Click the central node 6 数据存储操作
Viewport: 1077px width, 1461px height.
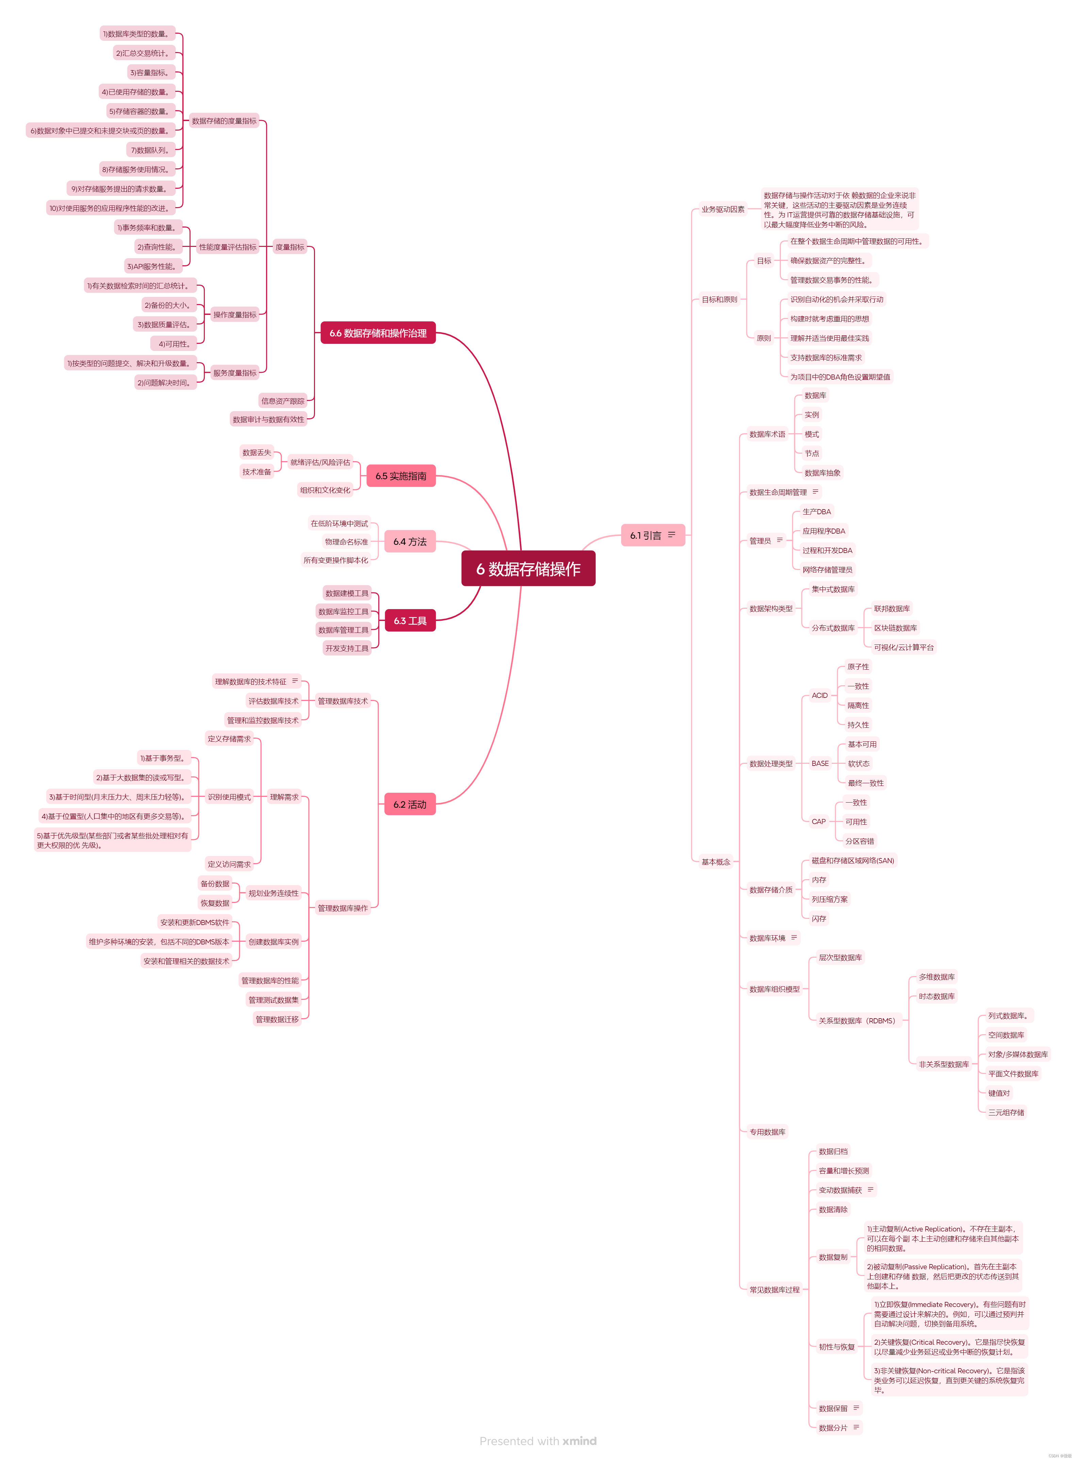[x=528, y=569]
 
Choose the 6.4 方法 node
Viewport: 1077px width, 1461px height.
[x=410, y=541]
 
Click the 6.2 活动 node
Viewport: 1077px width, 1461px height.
[x=410, y=805]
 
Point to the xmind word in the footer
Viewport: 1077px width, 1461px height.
[x=580, y=1441]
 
